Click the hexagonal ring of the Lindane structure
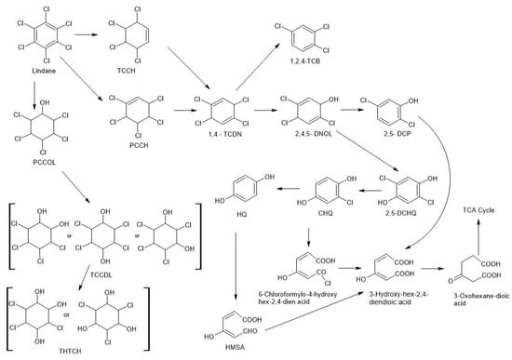click(x=35, y=35)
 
